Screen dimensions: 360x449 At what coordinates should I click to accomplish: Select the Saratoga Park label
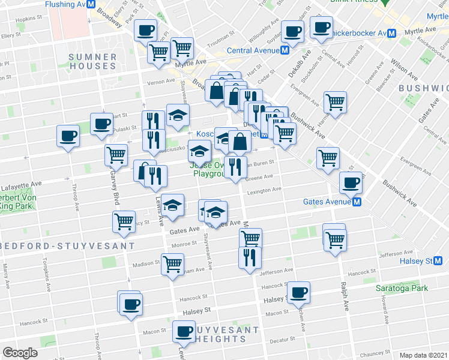402,288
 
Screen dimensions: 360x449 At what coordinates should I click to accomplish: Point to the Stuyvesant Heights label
218,334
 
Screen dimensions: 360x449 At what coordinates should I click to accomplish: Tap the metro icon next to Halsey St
438,260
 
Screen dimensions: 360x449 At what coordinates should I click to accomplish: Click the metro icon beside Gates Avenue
357,202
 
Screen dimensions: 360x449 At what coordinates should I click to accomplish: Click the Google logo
20,353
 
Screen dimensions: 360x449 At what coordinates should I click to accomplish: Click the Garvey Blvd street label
112,186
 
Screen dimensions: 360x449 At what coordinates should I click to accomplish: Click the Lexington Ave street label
265,190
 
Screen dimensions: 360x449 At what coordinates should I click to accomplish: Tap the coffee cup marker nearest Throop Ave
68,135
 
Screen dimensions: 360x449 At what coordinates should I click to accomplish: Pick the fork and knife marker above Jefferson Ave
250,256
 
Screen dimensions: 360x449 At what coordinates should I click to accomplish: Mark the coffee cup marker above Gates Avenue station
351,182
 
